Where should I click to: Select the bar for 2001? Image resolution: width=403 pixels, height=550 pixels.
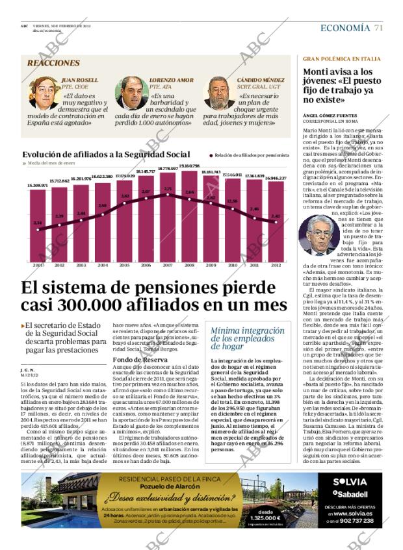(38, 224)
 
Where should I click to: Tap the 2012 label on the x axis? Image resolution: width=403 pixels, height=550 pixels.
(276, 265)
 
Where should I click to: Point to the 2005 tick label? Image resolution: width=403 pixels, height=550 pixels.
(124, 265)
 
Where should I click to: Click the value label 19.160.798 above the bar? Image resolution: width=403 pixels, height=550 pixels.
(189, 166)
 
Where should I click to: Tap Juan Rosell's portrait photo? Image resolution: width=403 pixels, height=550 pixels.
(42, 92)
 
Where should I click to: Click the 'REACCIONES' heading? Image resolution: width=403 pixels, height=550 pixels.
(53, 63)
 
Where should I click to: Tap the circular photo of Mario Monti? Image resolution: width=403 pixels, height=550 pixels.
(318, 234)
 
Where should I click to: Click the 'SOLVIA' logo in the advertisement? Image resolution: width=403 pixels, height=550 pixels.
(350, 482)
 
